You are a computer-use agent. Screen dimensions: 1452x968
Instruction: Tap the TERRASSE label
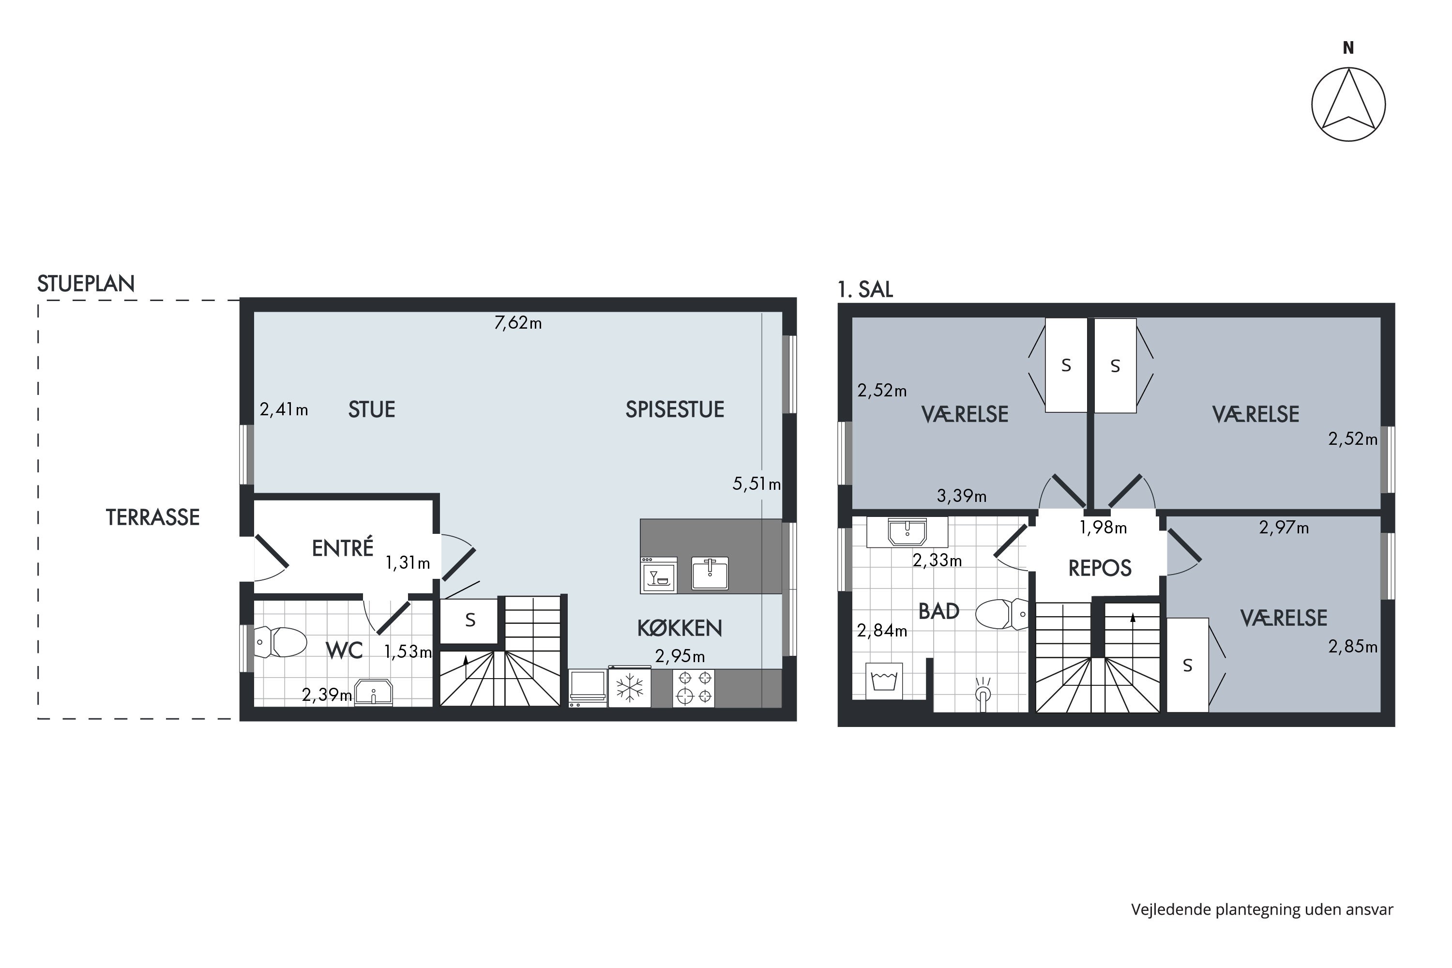(152, 517)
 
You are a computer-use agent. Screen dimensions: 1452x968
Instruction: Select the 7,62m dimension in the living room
(518, 323)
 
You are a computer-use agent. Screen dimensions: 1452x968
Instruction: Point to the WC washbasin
(374, 692)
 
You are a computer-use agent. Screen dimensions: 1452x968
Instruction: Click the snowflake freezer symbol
(629, 687)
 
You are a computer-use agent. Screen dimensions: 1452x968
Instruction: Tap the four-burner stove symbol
(693, 687)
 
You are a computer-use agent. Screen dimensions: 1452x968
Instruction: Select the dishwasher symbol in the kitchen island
(659, 575)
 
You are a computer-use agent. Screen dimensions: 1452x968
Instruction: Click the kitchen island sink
(710, 574)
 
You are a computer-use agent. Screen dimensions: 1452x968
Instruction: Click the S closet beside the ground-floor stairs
(469, 620)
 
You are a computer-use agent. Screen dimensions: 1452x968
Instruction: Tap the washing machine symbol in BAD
(884, 681)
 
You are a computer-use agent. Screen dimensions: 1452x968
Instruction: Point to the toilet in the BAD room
(1002, 614)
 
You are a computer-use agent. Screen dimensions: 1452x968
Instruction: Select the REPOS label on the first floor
(1100, 568)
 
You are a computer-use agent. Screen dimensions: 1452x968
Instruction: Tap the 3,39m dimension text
(961, 496)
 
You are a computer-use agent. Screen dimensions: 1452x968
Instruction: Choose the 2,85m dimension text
(1353, 646)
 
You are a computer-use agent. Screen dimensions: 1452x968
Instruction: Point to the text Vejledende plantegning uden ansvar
(1262, 909)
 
